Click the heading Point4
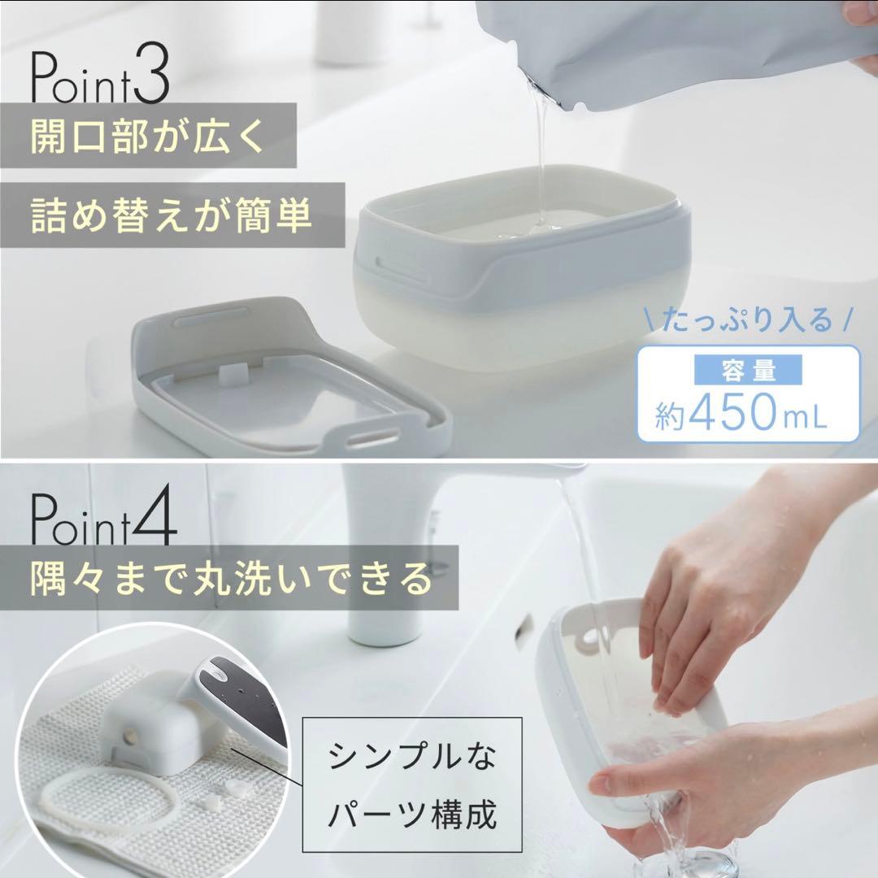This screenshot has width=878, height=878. point(103,518)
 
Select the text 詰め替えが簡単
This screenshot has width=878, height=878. point(171,215)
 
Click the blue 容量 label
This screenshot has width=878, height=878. point(748,371)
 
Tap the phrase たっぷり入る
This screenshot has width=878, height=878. point(748,320)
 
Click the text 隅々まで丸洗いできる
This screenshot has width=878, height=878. point(231,578)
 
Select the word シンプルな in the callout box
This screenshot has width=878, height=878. point(411,756)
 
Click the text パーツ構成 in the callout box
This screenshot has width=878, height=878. point(411,814)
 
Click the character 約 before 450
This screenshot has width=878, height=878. point(670,415)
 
